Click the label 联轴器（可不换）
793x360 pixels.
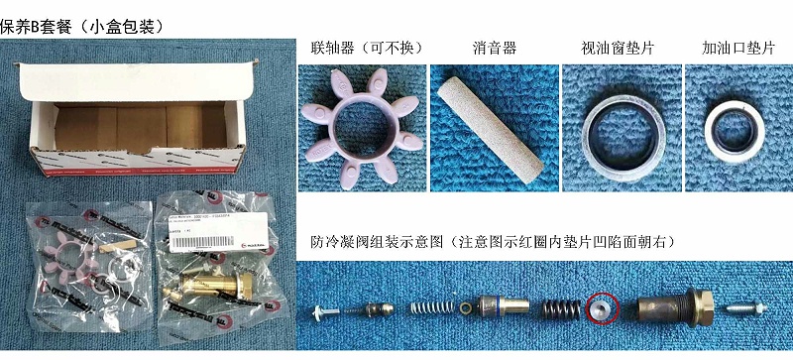(356, 47)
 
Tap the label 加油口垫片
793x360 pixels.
(736, 47)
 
